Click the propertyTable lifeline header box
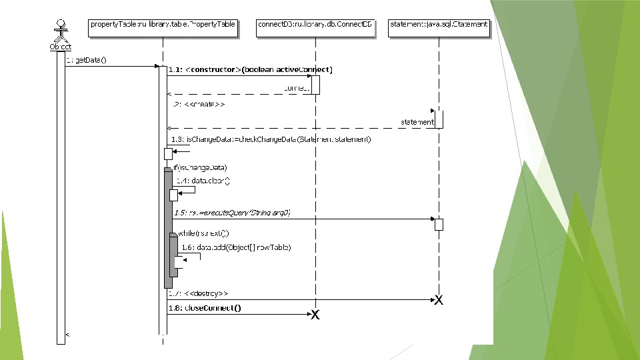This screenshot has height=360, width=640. (163, 25)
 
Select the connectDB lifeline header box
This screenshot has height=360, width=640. (315, 25)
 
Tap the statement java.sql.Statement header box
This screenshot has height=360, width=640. (439, 25)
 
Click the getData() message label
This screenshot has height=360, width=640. (87, 60)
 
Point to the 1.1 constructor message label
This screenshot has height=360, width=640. (251, 69)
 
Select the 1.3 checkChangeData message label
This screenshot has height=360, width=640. (270, 139)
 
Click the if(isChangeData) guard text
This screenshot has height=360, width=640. (200, 167)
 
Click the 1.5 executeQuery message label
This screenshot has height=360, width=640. (232, 212)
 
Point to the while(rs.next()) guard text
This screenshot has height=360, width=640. (203, 233)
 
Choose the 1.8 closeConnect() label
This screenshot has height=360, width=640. (205, 308)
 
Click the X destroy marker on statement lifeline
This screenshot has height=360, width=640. (439, 300)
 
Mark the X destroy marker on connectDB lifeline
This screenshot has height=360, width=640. (315, 315)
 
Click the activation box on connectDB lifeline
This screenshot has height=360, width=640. (316, 85)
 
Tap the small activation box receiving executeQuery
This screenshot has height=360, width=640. (439, 224)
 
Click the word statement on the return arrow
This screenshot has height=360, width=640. (417, 122)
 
